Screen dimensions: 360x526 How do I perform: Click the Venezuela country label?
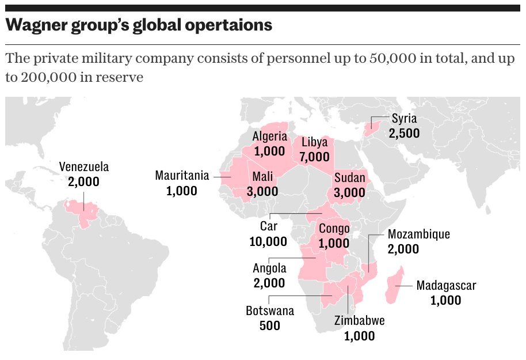click(84, 168)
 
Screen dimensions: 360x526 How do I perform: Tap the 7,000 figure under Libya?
click(315, 157)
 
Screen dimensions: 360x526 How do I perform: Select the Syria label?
click(403, 119)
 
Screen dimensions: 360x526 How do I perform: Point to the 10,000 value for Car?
click(268, 241)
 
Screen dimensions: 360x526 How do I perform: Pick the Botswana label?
click(269, 311)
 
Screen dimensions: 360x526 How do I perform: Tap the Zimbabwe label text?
click(359, 321)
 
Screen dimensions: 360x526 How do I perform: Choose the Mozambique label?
click(418, 234)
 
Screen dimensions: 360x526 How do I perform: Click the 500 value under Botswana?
click(269, 325)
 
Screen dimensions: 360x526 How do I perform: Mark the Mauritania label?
click(182, 176)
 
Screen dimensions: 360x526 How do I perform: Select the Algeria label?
click(269, 137)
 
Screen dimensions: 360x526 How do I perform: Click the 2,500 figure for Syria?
click(403, 134)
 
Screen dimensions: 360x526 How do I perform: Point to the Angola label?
click(269, 268)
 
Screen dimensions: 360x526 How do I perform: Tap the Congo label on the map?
click(334, 229)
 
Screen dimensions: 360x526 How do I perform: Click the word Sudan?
click(349, 177)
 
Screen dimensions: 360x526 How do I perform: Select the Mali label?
click(262, 177)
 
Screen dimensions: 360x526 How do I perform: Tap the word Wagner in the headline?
click(33, 25)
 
